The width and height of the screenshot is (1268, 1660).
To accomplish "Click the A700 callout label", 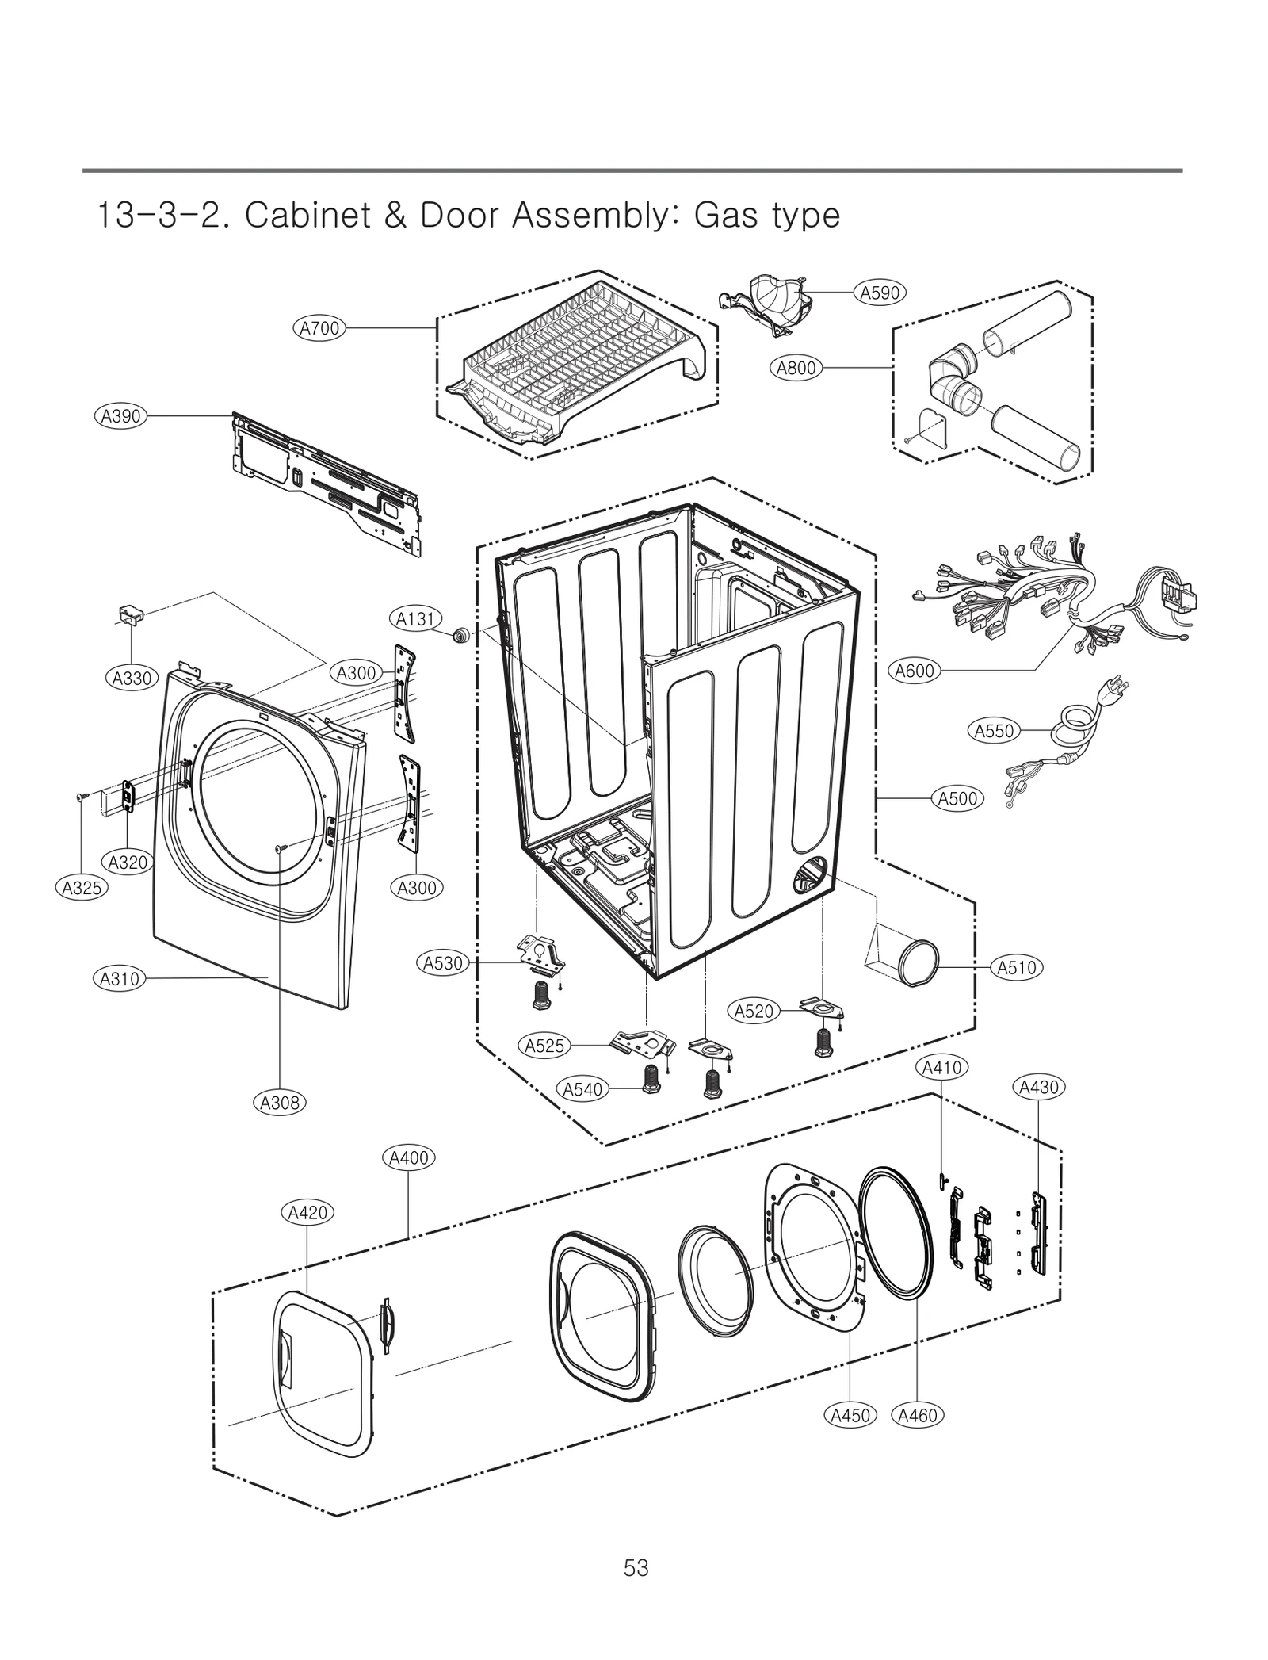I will [x=320, y=327].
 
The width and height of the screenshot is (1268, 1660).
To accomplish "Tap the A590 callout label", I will [x=880, y=293].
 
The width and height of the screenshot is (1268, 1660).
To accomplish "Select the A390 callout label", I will [x=120, y=415].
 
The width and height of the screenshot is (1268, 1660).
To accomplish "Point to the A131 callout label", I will [x=415, y=618].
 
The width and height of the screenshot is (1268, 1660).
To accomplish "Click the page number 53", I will [x=636, y=1567].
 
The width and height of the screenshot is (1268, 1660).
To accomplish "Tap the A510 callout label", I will [x=1016, y=967].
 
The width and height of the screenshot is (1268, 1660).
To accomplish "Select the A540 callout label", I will [x=582, y=1089].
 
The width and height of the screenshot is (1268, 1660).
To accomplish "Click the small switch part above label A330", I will [x=131, y=614].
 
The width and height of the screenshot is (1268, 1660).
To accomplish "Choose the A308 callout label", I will [x=281, y=1102].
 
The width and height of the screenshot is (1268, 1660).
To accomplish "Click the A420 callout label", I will [x=308, y=1212].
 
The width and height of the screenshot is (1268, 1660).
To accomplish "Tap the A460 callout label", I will [x=918, y=1415].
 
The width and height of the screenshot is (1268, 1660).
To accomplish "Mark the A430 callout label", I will [x=1039, y=1087].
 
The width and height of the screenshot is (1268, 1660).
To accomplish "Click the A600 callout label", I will [x=915, y=671].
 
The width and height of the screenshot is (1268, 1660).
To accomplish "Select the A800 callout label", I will [x=796, y=368].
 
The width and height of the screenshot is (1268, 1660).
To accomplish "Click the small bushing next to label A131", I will [x=460, y=635].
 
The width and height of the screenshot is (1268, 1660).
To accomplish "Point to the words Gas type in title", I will [x=766, y=216].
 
